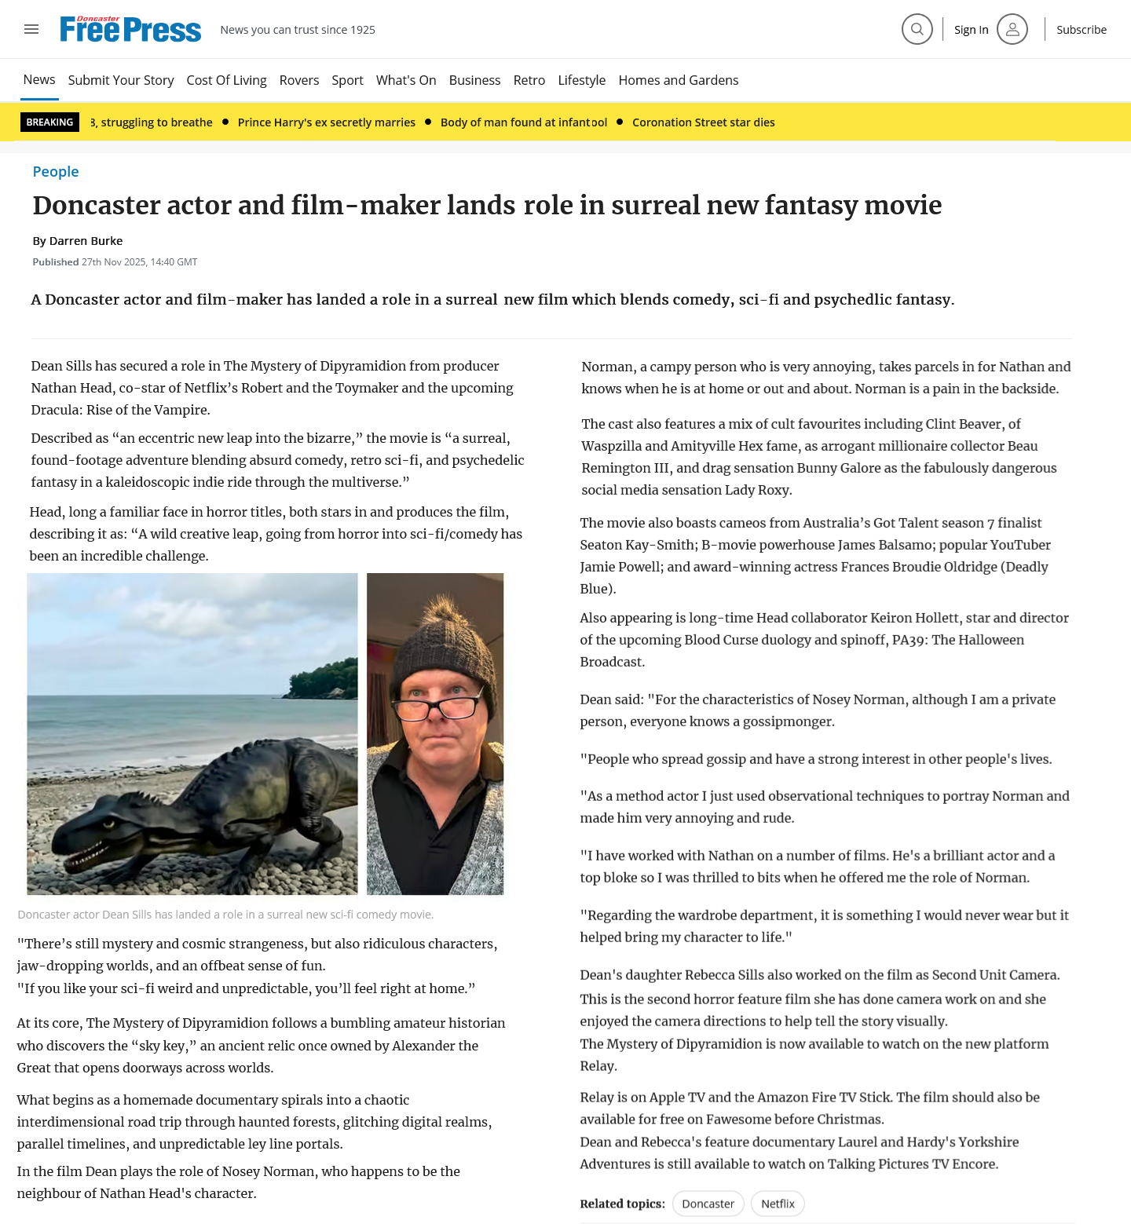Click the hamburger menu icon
click(31, 29)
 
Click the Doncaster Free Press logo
click(130, 29)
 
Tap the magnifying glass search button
click(917, 29)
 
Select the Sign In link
click(971, 30)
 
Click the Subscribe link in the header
click(1081, 30)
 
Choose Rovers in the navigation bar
click(299, 80)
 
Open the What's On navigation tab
click(406, 80)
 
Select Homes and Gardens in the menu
click(678, 80)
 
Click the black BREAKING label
click(49, 122)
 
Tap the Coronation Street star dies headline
click(703, 122)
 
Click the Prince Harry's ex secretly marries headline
click(326, 122)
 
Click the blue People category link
click(56, 172)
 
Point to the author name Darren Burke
click(86, 241)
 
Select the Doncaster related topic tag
click(708, 1204)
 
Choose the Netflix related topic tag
click(778, 1204)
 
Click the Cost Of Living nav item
click(226, 80)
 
